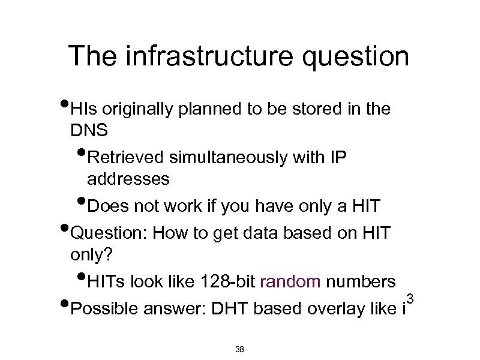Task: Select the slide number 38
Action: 239,349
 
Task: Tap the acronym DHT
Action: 229,308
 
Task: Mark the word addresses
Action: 128,179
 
